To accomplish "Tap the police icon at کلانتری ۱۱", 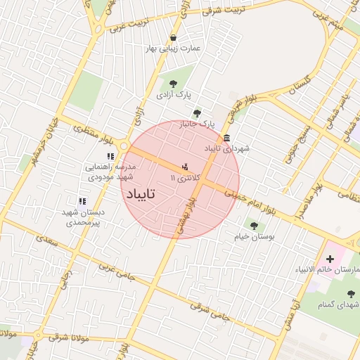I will click(x=185, y=167).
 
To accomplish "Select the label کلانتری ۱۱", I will click(x=185, y=179).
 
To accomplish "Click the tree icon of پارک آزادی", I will click(x=173, y=84).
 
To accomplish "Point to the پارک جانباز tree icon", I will click(x=196, y=113).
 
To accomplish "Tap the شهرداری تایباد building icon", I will click(x=226, y=138).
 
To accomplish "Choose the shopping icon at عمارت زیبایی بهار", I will click(x=173, y=38).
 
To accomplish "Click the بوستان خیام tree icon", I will click(x=253, y=226).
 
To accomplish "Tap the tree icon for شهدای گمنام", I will click(x=351, y=294).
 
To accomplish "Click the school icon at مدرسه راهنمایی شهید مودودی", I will click(x=110, y=156).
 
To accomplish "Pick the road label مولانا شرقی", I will click(x=68, y=340).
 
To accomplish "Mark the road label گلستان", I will click(x=300, y=86).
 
